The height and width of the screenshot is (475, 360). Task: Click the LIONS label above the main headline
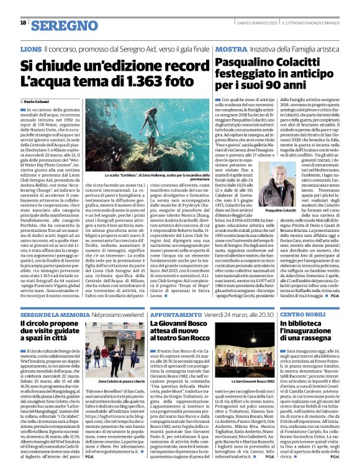coord(32,48)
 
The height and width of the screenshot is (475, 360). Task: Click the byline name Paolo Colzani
coord(41,100)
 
